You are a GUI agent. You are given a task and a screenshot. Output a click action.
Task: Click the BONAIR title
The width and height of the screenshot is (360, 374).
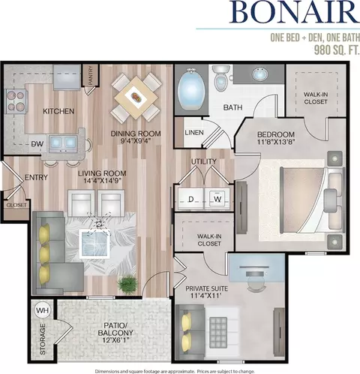tap(295, 12)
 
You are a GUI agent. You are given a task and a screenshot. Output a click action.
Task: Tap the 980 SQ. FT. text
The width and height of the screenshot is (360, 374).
tap(337, 50)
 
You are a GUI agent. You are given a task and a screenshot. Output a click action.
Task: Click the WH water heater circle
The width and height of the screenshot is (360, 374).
tap(43, 311)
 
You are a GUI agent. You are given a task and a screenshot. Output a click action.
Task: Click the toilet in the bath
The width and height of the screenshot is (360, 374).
tap(221, 78)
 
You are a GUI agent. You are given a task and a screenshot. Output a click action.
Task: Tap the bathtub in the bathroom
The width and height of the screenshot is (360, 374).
tap(191, 90)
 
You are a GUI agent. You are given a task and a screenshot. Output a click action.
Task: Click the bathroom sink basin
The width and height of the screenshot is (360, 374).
tap(259, 74)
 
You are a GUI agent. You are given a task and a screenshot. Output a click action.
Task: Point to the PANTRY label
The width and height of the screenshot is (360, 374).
tap(91, 75)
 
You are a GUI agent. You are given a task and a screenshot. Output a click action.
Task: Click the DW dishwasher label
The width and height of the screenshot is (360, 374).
tap(37, 144)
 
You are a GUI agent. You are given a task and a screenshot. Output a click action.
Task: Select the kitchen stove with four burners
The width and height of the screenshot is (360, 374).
tap(16, 101)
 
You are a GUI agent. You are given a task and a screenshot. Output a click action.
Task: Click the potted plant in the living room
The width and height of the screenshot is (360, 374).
tap(128, 284)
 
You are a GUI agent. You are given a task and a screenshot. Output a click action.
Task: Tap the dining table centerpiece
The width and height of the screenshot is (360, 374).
tap(136, 97)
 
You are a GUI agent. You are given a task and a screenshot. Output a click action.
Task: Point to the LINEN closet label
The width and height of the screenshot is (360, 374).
tap(194, 132)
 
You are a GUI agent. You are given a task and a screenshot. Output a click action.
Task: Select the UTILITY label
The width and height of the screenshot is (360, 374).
tap(204, 161)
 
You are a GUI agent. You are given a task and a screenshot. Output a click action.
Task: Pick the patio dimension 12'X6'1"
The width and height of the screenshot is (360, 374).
tap(115, 340)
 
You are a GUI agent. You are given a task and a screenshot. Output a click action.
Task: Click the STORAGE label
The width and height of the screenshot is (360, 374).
tap(43, 339)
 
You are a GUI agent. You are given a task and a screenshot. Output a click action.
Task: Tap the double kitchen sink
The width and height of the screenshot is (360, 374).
tap(63, 143)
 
